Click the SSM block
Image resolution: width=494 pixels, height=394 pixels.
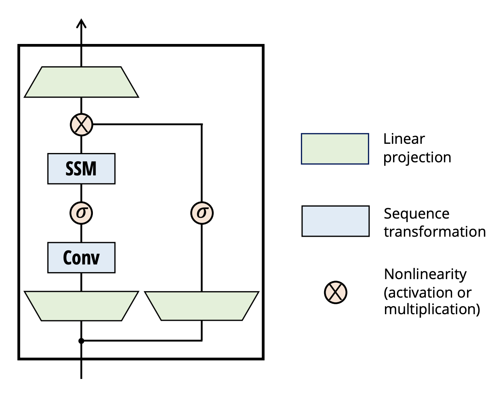[x=81, y=168]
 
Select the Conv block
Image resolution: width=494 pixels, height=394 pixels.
[x=81, y=258]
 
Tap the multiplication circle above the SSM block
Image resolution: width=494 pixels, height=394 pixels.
[x=81, y=125]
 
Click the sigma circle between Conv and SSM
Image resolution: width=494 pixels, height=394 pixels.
[x=81, y=213]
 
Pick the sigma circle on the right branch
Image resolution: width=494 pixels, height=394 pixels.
[x=202, y=213]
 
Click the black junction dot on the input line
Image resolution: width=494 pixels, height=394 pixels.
[x=81, y=341]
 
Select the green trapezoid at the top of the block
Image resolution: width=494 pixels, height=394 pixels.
[x=81, y=82]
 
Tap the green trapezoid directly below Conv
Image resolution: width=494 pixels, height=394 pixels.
[x=81, y=306]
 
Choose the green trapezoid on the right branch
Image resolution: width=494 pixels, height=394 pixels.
[x=202, y=306]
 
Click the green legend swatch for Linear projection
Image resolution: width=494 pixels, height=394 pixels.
[x=335, y=149]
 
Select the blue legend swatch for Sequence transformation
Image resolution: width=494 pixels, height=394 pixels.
[x=336, y=221]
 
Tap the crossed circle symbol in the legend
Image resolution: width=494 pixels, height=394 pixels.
[x=336, y=293]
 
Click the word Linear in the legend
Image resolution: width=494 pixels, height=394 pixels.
[x=404, y=139]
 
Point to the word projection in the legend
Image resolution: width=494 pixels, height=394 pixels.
[x=417, y=158]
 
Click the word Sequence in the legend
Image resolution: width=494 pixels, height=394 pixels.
[x=417, y=214]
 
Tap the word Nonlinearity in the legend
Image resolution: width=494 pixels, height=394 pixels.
[x=425, y=274]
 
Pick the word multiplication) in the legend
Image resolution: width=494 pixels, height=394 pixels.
[x=432, y=309]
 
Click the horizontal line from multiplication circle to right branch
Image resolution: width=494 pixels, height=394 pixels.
[x=147, y=125]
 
